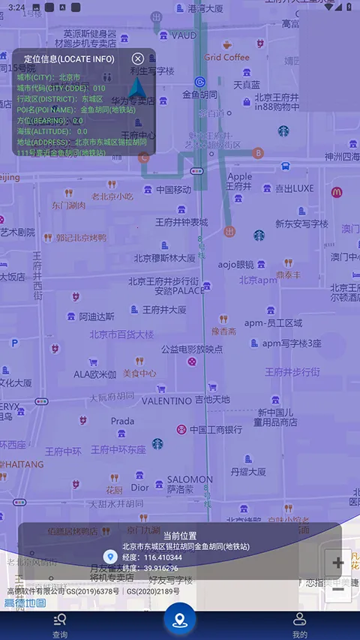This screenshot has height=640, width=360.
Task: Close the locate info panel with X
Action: (x=138, y=59)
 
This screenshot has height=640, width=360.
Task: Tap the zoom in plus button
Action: (x=338, y=563)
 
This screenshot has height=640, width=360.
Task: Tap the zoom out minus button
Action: (x=338, y=590)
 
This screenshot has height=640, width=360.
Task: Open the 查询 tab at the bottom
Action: (x=60, y=624)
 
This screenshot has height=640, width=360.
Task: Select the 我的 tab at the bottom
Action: (x=300, y=624)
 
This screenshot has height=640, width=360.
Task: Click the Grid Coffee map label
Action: (x=226, y=57)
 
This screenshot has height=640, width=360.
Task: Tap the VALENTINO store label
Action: (x=166, y=401)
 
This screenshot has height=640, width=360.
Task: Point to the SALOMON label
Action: (x=190, y=479)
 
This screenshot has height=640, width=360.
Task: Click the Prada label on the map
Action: (x=123, y=421)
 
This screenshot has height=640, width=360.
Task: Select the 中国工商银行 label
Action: (x=215, y=430)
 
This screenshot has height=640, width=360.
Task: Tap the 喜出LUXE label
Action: (x=294, y=188)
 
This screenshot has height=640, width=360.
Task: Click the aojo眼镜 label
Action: (x=235, y=264)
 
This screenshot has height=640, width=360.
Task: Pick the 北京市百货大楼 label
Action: (x=121, y=334)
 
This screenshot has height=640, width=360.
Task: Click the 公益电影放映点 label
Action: (x=191, y=349)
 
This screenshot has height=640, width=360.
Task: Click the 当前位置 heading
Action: (x=180, y=535)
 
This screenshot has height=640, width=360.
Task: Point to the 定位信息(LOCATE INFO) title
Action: (x=69, y=59)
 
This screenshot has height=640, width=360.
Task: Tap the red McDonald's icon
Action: (x=337, y=192)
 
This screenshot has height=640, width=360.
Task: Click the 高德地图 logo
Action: (x=25, y=602)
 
